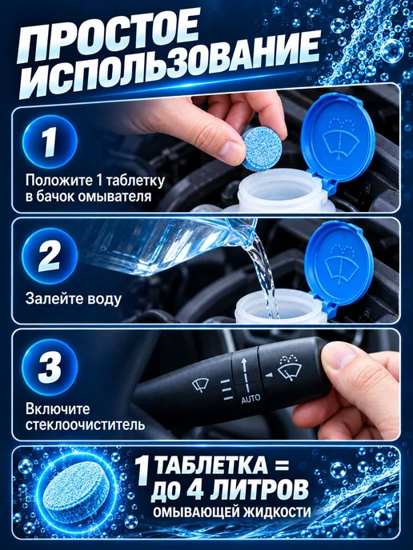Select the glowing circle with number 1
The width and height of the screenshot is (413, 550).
pyautogui.click(x=50, y=142)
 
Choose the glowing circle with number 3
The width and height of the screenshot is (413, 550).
pyautogui.click(x=50, y=367)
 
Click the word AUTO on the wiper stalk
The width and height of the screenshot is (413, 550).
pyautogui.click(x=251, y=398)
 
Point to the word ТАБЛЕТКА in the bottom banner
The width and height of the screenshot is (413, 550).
pyautogui.click(x=211, y=465)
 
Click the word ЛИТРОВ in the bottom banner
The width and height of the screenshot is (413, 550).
pyautogui.click(x=259, y=490)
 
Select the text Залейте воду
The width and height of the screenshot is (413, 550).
pyautogui.click(x=74, y=298)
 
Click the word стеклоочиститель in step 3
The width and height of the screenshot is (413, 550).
pyautogui.click(x=85, y=424)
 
